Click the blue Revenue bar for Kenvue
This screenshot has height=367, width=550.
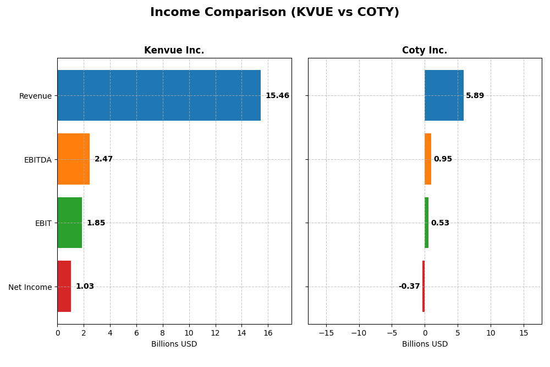point(159,95)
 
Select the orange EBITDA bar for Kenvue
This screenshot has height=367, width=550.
point(73,159)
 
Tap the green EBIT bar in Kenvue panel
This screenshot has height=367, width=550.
point(69,223)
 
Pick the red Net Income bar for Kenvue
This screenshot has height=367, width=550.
point(64,286)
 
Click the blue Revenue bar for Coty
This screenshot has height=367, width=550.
point(444,95)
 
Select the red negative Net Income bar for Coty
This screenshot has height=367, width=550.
point(424,286)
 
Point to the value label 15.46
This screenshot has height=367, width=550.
point(277,96)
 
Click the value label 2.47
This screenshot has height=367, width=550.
point(103,159)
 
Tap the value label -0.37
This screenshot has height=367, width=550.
point(409,287)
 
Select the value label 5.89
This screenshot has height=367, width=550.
point(475,96)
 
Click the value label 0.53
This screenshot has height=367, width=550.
point(440,223)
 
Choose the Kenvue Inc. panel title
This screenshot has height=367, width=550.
point(174,51)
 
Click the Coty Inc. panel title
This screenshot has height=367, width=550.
point(425,51)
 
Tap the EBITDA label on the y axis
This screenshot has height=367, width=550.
point(38,160)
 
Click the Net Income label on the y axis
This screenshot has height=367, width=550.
point(30,287)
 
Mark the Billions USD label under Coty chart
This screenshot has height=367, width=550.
point(425,344)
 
